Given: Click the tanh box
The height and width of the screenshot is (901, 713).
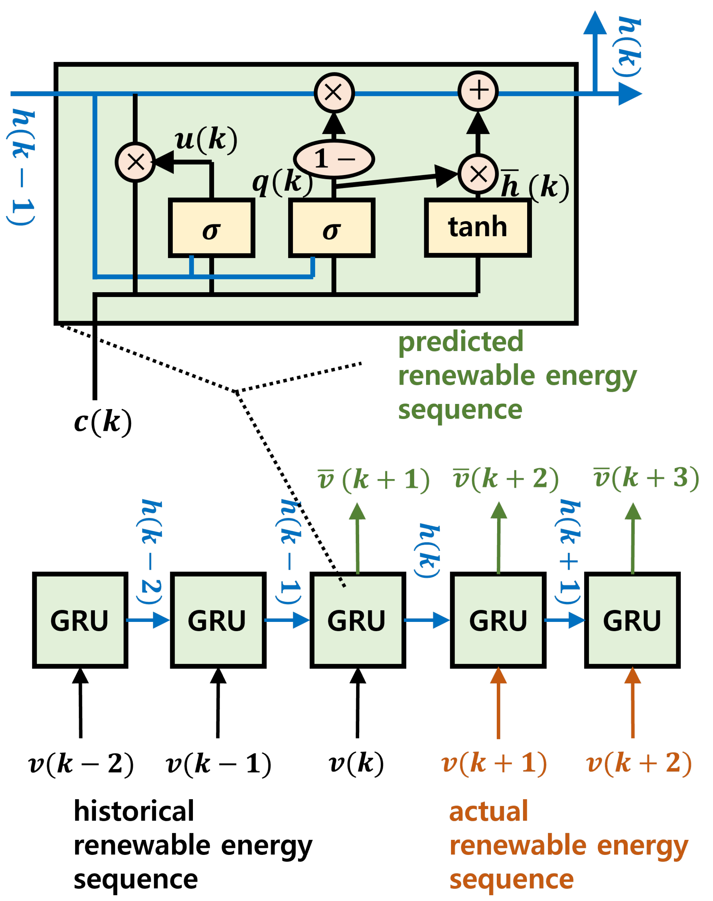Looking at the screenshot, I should (x=478, y=228).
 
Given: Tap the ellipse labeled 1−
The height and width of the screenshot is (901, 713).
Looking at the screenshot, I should (x=334, y=159).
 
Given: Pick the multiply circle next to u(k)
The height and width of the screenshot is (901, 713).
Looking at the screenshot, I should (x=135, y=162).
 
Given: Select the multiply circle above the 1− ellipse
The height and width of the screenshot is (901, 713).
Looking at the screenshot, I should (x=334, y=92).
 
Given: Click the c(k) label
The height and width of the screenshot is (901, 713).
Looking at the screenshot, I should (x=103, y=422).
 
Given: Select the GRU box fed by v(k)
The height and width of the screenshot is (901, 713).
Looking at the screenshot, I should (x=357, y=620).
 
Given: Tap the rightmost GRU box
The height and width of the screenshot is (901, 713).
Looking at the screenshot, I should (x=632, y=620).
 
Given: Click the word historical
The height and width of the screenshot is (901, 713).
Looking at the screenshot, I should (x=134, y=811).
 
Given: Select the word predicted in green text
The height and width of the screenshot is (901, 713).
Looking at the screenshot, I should (x=460, y=342).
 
